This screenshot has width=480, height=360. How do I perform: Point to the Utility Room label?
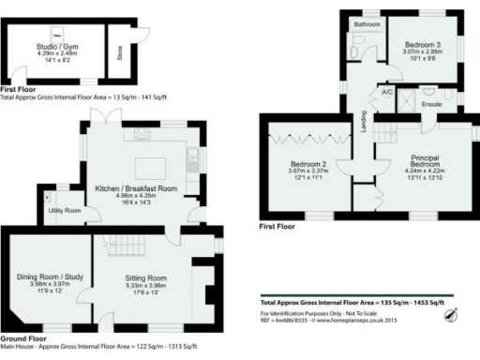click(64, 211)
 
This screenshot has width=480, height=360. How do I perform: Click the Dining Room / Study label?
click(51, 277)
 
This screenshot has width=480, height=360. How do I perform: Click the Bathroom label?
click(366, 24)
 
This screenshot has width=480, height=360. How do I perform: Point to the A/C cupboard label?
click(386, 94)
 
